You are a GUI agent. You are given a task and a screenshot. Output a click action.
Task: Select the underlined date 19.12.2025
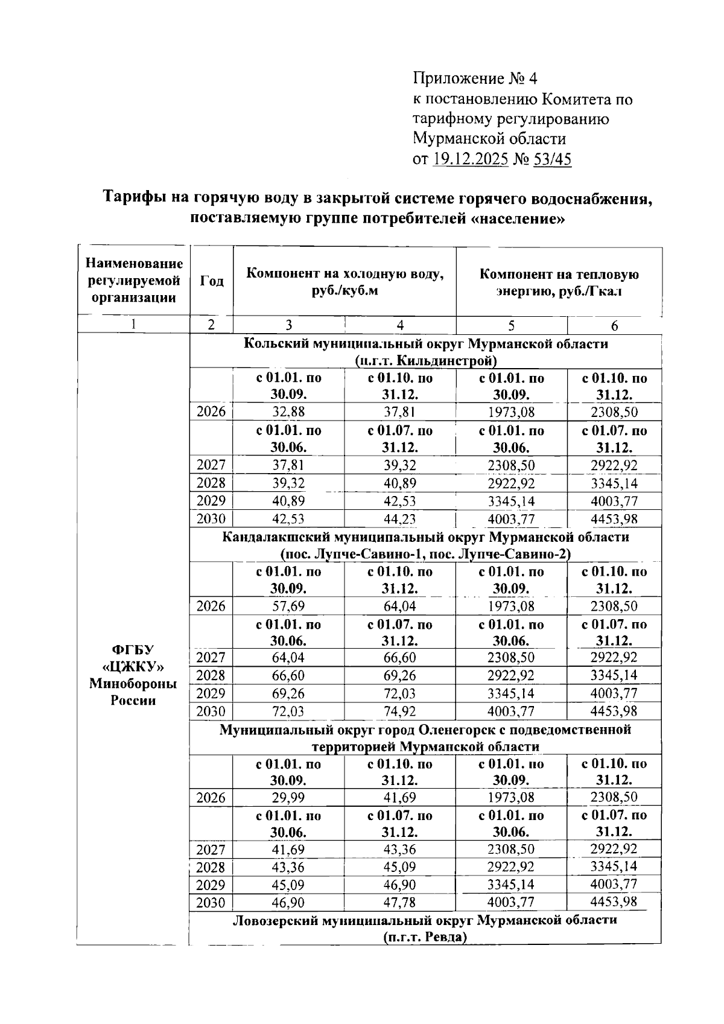click(x=471, y=159)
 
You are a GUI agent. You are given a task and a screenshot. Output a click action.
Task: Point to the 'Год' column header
click(x=212, y=281)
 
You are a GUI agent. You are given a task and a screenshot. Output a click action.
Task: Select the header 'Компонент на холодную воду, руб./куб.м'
click(x=345, y=282)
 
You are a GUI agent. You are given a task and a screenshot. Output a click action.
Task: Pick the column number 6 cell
click(x=614, y=326)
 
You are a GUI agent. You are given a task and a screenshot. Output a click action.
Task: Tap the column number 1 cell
click(x=133, y=325)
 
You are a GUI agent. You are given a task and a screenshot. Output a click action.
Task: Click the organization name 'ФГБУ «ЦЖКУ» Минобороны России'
click(x=133, y=675)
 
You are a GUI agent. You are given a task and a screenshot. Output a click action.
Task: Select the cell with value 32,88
click(x=288, y=413)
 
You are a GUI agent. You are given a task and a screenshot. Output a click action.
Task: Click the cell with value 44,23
click(x=399, y=519)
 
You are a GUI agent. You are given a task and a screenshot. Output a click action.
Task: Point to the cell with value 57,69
click(x=288, y=606)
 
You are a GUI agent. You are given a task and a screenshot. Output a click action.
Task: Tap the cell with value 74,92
click(x=399, y=711)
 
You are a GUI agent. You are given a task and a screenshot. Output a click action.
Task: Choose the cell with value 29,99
click(x=288, y=798)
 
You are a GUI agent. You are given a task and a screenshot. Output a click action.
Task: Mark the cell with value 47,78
click(x=399, y=903)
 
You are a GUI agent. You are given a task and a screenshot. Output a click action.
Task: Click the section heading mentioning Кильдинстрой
click(x=425, y=352)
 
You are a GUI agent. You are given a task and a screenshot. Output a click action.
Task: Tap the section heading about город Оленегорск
click(x=425, y=738)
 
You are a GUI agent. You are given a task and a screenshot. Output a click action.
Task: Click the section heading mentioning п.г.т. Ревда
click(x=425, y=929)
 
